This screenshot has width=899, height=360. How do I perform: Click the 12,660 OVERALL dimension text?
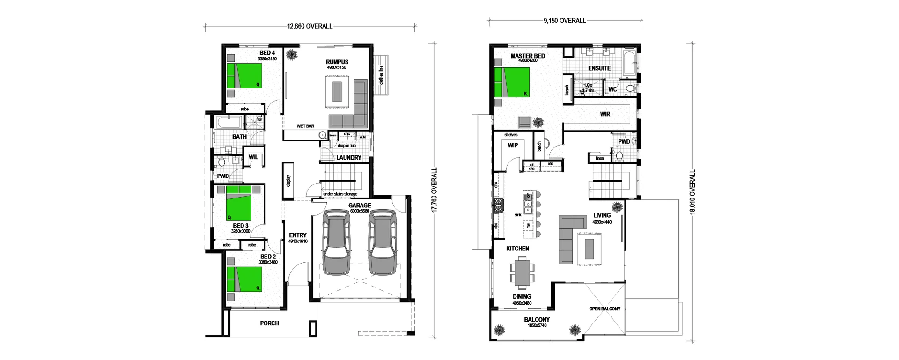tap(309, 26)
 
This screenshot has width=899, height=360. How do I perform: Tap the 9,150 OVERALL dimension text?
tap(564, 21)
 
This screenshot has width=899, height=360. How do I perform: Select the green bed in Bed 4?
tap(244, 75)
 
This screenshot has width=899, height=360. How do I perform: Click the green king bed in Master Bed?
tap(512, 82)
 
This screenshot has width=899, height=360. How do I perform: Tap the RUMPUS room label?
tap(337, 62)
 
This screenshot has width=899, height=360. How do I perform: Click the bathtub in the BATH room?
tap(229, 124)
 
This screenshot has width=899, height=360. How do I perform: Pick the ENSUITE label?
tap(599, 68)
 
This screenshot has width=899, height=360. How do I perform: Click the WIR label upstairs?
tap(605, 114)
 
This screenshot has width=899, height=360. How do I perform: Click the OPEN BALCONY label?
tap(604, 309)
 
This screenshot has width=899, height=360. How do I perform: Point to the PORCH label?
tap(269, 323)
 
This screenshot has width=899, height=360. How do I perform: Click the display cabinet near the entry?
tap(288, 180)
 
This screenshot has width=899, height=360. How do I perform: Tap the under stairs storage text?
tap(340, 194)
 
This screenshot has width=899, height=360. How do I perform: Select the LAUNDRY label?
tap(348, 158)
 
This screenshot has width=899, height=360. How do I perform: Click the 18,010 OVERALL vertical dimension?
tap(693, 192)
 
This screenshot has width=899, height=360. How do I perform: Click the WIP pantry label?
tap(513, 145)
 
